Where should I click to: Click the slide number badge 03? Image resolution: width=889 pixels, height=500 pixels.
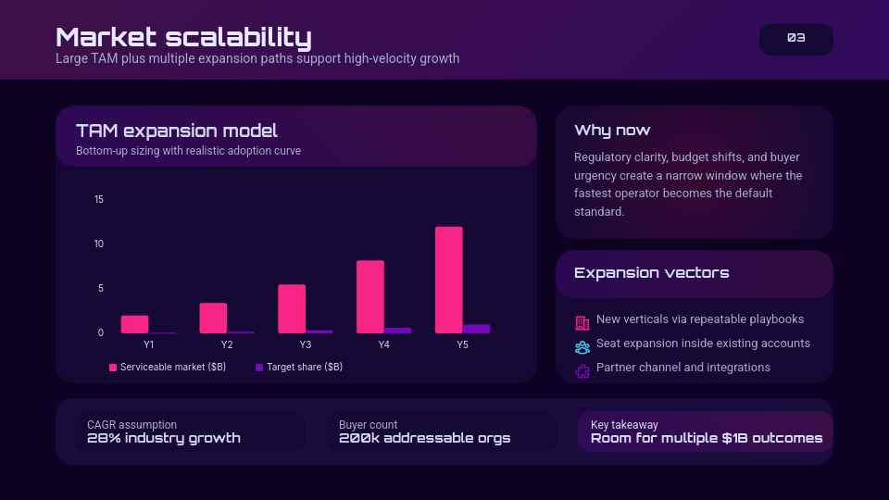click(x=795, y=39)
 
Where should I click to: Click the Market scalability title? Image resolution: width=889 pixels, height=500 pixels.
click(x=183, y=37)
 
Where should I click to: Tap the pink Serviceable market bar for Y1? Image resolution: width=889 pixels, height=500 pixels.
click(x=134, y=324)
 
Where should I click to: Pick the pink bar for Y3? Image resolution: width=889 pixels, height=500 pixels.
click(x=292, y=308)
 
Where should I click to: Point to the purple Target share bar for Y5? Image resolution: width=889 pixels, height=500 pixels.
click(x=476, y=329)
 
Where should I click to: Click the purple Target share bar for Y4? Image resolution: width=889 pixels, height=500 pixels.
click(x=397, y=330)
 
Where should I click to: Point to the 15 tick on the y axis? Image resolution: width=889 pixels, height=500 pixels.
click(x=99, y=200)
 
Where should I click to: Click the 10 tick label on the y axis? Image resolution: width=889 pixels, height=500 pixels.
click(x=99, y=244)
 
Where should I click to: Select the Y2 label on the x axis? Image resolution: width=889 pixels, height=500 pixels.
click(x=227, y=345)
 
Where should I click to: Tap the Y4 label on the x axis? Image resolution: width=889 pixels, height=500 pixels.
click(x=384, y=345)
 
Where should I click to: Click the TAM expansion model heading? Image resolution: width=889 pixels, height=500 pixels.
click(x=177, y=131)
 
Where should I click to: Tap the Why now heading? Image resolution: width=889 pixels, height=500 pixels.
click(x=612, y=131)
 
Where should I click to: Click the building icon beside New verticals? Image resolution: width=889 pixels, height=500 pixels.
click(x=582, y=323)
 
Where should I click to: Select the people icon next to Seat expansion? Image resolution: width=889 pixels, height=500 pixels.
click(x=582, y=347)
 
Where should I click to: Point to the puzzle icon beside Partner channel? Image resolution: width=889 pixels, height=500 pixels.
click(x=582, y=371)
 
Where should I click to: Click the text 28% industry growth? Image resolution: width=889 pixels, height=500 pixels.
click(x=164, y=438)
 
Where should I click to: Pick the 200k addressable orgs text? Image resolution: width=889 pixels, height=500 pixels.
click(x=424, y=438)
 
